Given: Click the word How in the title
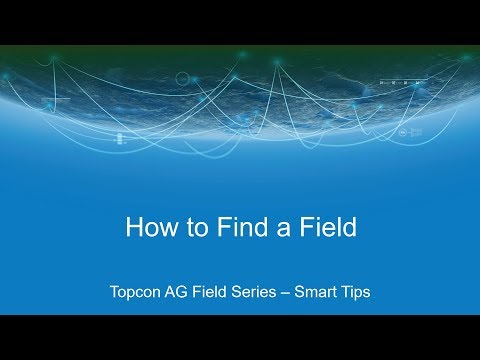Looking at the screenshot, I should [148, 227].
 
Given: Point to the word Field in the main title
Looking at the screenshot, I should [326, 227].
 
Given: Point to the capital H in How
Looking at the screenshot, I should [133, 227].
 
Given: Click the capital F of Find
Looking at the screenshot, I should [219, 227].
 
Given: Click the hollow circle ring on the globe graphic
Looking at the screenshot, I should [182, 78].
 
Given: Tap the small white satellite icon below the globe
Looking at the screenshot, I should [121, 139].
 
